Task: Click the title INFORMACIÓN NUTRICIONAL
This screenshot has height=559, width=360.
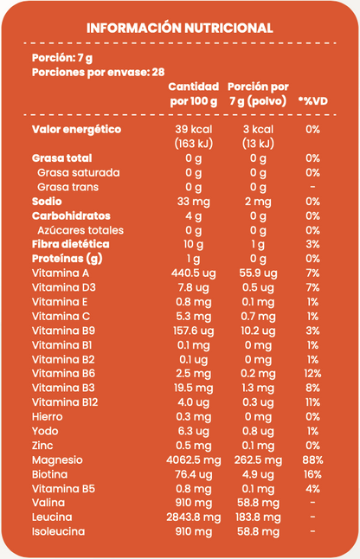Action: pyautogui.click(x=180, y=29)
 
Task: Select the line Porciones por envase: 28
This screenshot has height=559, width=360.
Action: pyautogui.click(x=98, y=73)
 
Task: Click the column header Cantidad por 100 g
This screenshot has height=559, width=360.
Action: pyautogui.click(x=193, y=94)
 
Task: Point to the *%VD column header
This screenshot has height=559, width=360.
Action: pyautogui.click(x=312, y=101)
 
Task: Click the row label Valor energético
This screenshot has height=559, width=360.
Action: pyautogui.click(x=76, y=130)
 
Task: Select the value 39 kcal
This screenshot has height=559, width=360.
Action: pyautogui.click(x=193, y=130)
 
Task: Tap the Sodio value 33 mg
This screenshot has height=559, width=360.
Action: pyautogui.click(x=193, y=202)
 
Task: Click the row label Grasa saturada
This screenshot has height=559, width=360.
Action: pyautogui.click(x=79, y=173)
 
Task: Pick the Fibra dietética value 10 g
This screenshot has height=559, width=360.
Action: pyautogui.click(x=193, y=245)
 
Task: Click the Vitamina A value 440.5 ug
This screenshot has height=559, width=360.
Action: pyautogui.click(x=193, y=273)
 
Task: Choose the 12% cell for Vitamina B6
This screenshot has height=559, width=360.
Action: pyautogui.click(x=312, y=374)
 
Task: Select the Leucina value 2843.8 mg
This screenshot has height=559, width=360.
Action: pyautogui.click(x=193, y=517)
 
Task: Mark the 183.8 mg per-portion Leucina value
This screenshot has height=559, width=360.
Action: pyautogui.click(x=258, y=517)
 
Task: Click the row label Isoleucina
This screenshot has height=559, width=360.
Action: pyautogui.click(x=57, y=531)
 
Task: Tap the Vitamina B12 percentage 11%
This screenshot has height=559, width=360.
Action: pyautogui.click(x=312, y=402)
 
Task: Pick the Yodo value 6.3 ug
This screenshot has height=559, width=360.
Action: pyautogui.click(x=193, y=431)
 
